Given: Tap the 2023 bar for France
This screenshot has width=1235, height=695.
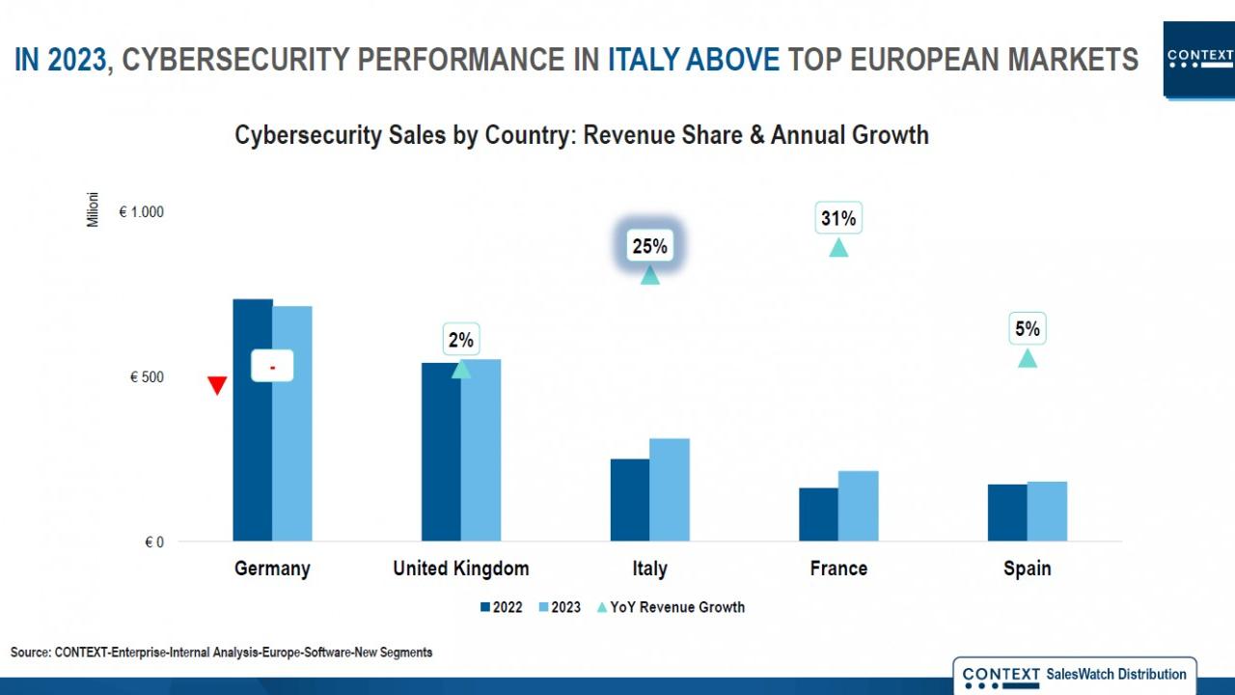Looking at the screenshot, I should (x=859, y=506).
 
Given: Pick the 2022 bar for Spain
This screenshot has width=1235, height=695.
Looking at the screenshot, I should (x=1007, y=513).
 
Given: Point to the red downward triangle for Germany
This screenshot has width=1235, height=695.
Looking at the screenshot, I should (x=217, y=386).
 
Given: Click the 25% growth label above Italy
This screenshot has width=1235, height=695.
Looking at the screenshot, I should (x=649, y=246).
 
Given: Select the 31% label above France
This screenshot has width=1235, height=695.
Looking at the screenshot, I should (x=838, y=219).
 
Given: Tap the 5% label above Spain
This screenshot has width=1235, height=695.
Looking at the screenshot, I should (x=1028, y=329).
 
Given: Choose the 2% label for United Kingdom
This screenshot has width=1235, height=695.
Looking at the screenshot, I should (x=460, y=340).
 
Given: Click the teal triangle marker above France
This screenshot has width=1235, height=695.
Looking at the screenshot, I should (x=838, y=248).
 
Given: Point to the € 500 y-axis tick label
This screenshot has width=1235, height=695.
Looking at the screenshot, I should (x=147, y=377).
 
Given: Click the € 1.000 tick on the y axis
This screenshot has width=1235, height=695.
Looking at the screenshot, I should (x=141, y=212).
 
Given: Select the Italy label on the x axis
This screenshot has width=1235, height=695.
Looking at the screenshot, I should (x=649, y=569).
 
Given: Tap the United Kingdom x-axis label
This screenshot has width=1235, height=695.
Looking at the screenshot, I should (x=460, y=569).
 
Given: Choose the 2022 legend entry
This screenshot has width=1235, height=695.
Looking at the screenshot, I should (x=501, y=607).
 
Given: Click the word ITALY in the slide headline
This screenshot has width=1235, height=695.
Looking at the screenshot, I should (x=644, y=60).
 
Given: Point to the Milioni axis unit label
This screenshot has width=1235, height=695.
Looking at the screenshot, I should (x=94, y=209).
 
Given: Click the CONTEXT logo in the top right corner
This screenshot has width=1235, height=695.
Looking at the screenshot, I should (x=1199, y=58).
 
